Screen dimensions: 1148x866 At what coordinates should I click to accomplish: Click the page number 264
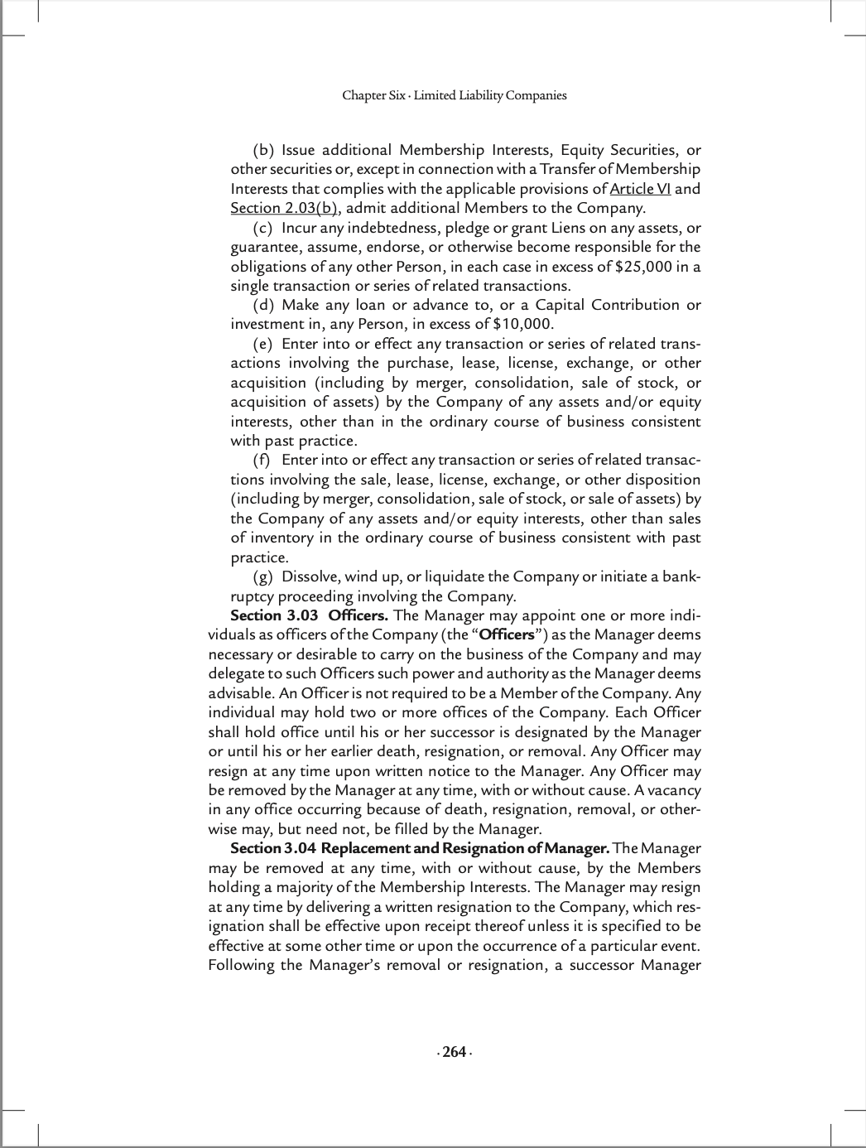[x=454, y=1052]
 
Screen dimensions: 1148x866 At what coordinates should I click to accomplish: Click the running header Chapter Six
[x=374, y=95]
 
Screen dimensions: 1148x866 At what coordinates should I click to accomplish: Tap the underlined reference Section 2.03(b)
[x=284, y=208]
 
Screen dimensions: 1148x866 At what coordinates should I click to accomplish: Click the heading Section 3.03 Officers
[x=309, y=615]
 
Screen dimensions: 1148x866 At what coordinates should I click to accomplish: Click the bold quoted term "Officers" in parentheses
[x=507, y=634]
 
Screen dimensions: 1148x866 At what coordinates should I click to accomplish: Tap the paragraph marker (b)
[x=263, y=150]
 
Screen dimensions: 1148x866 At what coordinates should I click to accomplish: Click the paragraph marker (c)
[x=262, y=228]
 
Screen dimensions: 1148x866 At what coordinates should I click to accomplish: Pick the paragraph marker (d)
[x=263, y=305]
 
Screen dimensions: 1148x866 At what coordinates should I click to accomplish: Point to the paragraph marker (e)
[x=262, y=344]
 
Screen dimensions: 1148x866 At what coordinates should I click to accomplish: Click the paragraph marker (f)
[x=262, y=460]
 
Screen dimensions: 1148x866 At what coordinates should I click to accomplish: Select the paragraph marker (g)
[x=262, y=576]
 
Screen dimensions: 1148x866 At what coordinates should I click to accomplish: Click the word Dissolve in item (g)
[x=310, y=576]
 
